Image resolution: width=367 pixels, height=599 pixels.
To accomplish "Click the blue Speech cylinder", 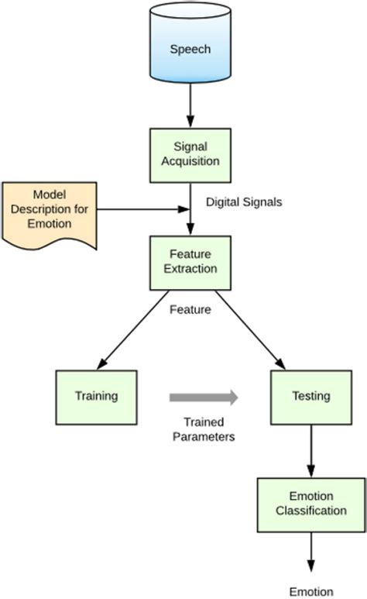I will click(190, 48).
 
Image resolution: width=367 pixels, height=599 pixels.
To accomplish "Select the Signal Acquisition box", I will click(190, 154).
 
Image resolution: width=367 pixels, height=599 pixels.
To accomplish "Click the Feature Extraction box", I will click(190, 262).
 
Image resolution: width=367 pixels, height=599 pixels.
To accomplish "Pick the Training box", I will click(96, 396).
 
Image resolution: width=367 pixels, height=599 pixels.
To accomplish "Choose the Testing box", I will click(310, 396).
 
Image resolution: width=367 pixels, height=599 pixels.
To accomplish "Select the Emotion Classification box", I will click(310, 504).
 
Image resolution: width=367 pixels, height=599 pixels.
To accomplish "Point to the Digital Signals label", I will click(244, 201).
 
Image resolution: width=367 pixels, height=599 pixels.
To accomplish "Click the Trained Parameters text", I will click(204, 429).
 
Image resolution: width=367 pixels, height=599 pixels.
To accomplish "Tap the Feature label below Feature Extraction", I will click(190, 308).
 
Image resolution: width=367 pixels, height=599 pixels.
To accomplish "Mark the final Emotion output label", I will click(310, 590).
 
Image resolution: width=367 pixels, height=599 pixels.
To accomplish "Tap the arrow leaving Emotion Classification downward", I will click(310, 551).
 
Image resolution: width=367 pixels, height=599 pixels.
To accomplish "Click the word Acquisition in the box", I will click(190, 161).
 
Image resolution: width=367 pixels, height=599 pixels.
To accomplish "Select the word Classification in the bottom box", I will click(310, 511).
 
